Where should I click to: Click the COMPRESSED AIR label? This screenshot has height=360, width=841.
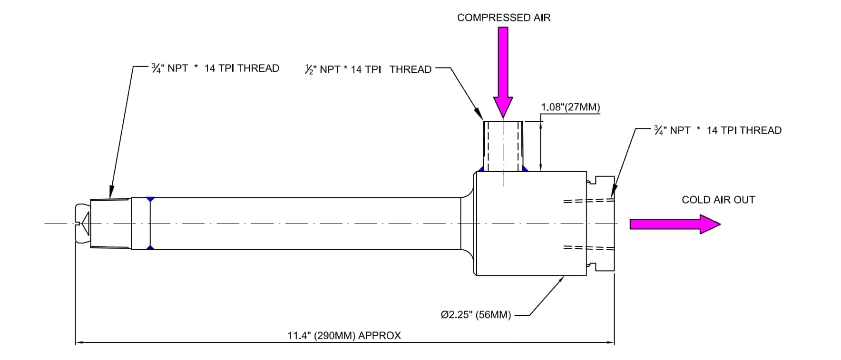[503, 18]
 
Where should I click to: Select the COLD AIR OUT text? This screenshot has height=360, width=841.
[718, 200]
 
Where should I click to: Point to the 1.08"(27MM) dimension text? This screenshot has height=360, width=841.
[570, 107]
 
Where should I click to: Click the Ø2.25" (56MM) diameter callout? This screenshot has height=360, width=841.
[476, 315]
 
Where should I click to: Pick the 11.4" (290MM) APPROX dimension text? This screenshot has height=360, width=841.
[344, 336]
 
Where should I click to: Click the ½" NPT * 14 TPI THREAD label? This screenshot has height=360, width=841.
[368, 70]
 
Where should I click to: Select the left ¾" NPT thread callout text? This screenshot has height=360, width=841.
[215, 68]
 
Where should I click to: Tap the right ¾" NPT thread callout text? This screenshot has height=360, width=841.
[717, 131]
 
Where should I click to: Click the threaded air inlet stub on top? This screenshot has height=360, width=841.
[503, 146]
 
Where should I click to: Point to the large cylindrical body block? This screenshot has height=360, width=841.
[530, 224]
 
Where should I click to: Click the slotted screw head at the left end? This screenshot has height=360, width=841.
[82, 224]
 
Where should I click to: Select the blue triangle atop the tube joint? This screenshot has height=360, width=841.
[150, 199]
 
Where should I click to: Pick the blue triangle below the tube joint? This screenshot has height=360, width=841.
[150, 248]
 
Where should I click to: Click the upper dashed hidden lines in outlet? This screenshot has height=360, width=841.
[588, 201]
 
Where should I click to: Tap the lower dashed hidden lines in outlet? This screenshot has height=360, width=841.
[588, 247]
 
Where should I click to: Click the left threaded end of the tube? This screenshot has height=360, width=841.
[110, 224]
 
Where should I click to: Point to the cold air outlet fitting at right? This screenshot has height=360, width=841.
[601, 224]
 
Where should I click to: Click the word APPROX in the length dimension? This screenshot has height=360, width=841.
[379, 336]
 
